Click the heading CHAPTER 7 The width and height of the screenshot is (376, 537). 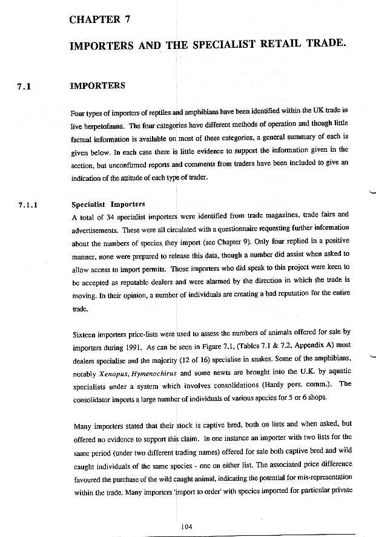point(101,20)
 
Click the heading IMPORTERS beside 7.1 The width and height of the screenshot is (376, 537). point(97,85)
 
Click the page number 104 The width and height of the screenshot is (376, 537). point(186,527)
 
